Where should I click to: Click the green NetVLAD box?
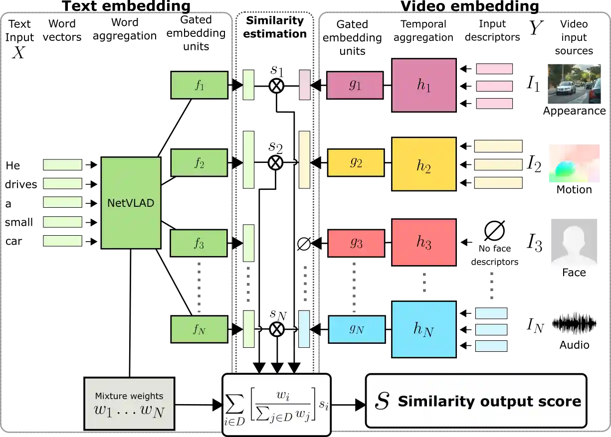[131, 203]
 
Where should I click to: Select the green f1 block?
[199, 85]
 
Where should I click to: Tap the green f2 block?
[199, 162]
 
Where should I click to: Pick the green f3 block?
[199, 243]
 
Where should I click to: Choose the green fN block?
[199, 329]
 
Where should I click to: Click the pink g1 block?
[355, 85]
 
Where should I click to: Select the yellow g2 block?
[356, 162]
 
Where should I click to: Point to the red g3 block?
[356, 243]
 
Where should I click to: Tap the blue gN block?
[357, 329]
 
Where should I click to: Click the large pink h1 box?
[424, 85]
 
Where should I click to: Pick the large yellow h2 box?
[424, 164]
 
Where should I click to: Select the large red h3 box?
[424, 243]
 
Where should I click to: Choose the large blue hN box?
[424, 329]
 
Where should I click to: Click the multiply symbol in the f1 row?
[276, 86]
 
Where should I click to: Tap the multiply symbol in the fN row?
[276, 329]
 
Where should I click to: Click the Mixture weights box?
[129, 404]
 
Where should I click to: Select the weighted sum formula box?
[276, 405]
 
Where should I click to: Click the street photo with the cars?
[574, 85]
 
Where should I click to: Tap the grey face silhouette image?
[574, 243]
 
